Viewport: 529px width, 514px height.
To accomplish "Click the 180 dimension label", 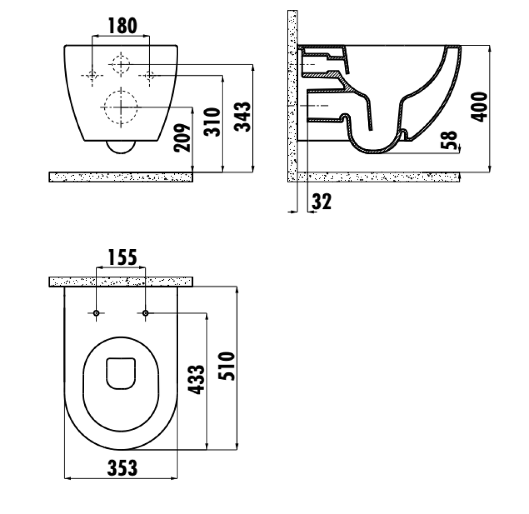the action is coord(123,26).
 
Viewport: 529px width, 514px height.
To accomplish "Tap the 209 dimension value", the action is coord(182,138).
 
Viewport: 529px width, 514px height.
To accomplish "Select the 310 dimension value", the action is coord(212,122).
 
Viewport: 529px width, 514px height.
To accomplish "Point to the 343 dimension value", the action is coord(243,116).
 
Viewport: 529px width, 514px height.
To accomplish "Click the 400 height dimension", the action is coord(479,107).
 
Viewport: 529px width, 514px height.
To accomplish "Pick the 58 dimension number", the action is coord(449,140).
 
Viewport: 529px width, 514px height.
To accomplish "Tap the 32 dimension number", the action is coord(322,201).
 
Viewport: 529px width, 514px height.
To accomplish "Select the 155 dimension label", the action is coord(123,258).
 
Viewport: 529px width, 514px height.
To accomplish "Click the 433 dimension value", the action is coord(196,380).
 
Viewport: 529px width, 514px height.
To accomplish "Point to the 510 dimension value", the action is coord(226,366).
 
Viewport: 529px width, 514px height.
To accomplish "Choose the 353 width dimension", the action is coord(123,468).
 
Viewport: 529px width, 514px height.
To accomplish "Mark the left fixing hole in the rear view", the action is coord(92,76).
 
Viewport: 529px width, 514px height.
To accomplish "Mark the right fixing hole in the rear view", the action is coord(150,76).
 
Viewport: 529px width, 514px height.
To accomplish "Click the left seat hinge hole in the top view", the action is coord(96,314).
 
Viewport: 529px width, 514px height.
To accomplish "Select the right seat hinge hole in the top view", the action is coord(145,314).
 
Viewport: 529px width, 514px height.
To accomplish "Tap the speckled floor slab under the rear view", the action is coord(121,177).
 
